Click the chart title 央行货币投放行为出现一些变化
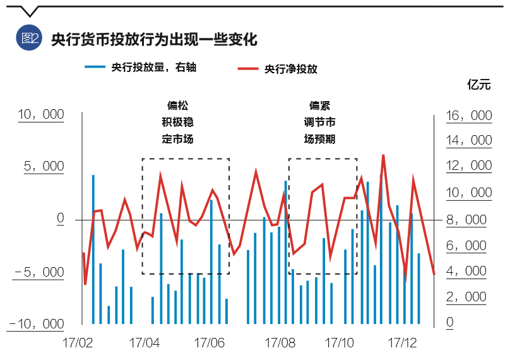[154, 40]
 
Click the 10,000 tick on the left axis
[42, 114]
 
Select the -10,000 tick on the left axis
[37, 323]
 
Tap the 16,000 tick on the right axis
[469, 116]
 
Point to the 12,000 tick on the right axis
[469, 165]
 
